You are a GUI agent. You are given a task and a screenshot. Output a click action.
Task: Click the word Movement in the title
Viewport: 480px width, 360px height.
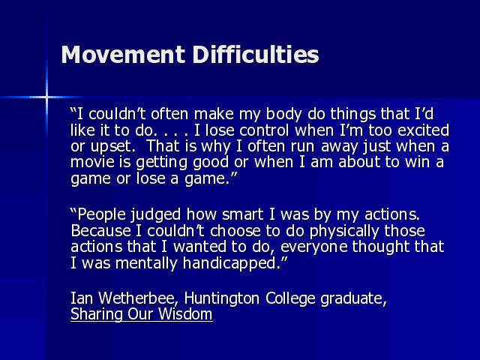click(x=123, y=55)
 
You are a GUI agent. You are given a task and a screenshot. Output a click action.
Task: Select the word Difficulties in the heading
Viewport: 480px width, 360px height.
click(x=256, y=55)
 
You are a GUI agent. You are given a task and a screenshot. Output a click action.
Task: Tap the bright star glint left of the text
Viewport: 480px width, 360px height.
click(x=46, y=97)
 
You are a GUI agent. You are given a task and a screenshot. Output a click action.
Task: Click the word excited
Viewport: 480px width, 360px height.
click(x=423, y=130)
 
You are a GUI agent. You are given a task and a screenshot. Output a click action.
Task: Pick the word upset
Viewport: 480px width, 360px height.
click(x=113, y=147)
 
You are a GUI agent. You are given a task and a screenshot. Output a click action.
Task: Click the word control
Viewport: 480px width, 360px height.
click(x=264, y=130)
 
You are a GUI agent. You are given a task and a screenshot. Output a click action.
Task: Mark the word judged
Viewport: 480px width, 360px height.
click(x=155, y=215)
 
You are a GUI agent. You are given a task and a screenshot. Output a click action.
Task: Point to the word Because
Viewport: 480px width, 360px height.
click(x=100, y=231)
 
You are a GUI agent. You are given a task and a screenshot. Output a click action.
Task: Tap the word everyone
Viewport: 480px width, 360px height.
click(x=314, y=247)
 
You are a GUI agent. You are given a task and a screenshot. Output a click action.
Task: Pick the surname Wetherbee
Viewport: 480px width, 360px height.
click(x=138, y=298)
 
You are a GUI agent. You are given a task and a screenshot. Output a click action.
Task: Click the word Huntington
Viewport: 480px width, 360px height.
click(x=222, y=298)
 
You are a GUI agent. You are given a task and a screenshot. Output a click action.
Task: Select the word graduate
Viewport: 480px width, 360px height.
click(x=354, y=298)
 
